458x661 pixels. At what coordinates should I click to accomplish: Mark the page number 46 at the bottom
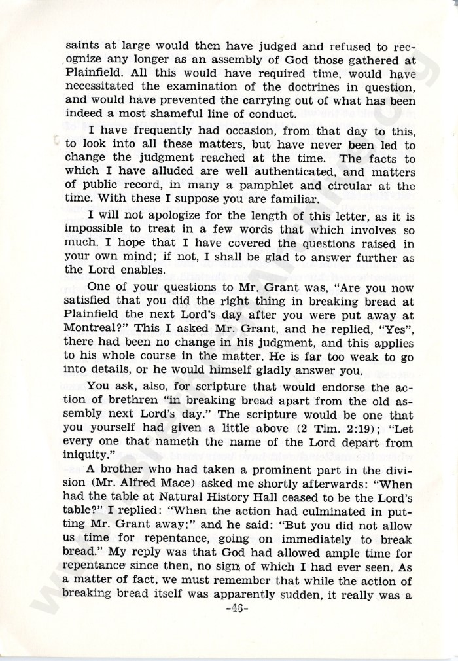[229, 609]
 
